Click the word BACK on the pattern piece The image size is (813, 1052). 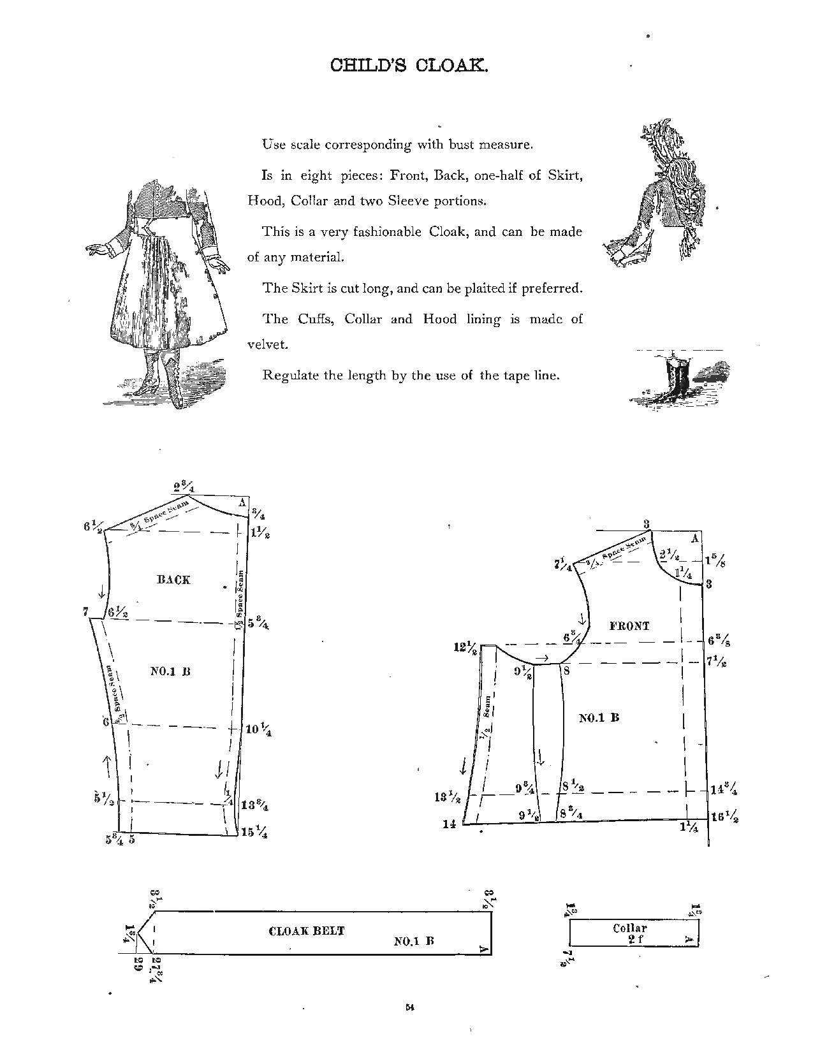pyautogui.click(x=173, y=580)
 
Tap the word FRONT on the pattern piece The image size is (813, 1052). pyautogui.click(x=629, y=626)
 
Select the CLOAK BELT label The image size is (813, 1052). pyautogui.click(x=306, y=931)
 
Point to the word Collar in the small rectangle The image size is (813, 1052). pyautogui.click(x=629, y=928)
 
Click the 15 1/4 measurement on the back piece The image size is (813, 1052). pyautogui.click(x=256, y=833)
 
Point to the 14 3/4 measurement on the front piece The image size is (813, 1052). pyautogui.click(x=724, y=789)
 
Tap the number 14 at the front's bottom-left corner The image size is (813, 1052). pyautogui.click(x=450, y=824)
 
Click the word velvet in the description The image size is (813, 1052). pyautogui.click(x=268, y=344)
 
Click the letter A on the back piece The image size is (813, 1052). pyautogui.click(x=242, y=502)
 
